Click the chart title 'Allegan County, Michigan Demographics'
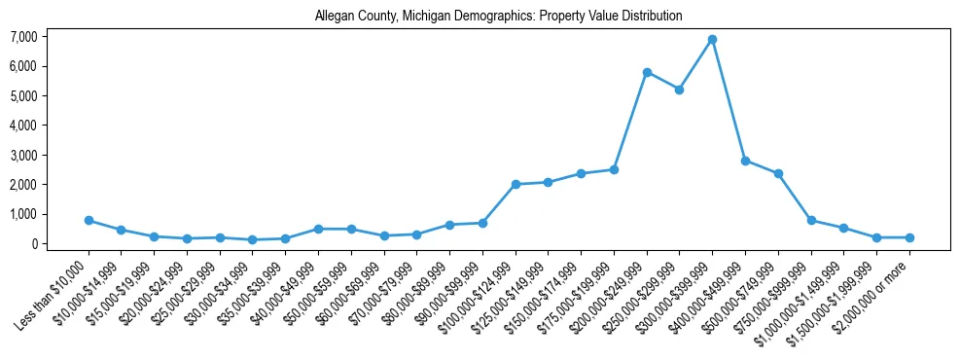[x=499, y=17]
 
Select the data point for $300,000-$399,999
[x=712, y=39]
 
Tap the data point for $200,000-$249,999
[x=647, y=72]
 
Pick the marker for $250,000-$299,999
[x=679, y=90]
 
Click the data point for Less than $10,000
[x=89, y=220]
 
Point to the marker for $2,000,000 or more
[x=909, y=237]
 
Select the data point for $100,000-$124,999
[x=516, y=184]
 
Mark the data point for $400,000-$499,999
[x=745, y=161]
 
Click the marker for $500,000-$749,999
[x=778, y=173]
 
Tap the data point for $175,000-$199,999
[x=614, y=169]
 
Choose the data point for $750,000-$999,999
[x=811, y=220]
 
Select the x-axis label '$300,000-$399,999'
[x=678, y=292]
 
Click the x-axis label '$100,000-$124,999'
[x=481, y=292]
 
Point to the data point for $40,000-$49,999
[x=318, y=229]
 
